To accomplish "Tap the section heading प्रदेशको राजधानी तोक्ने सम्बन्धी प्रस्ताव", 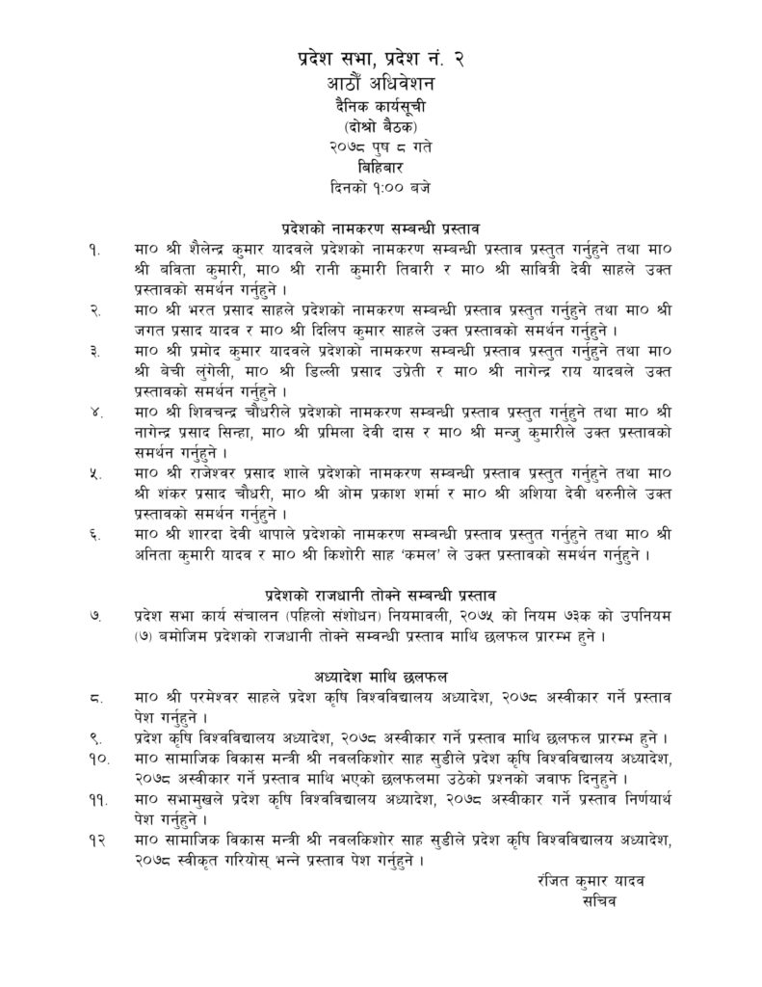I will pos(381,592).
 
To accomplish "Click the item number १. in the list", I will pos(92,251).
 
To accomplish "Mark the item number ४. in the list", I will pos(93,412).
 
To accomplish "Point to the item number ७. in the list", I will pos(93,613).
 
